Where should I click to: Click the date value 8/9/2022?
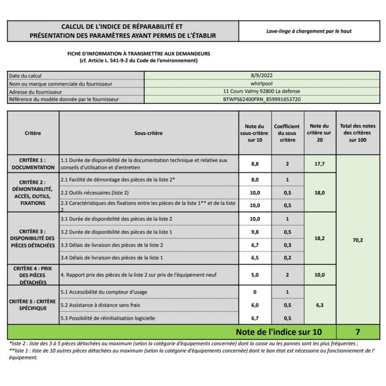click(x=262, y=76)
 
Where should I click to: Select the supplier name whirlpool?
click(x=262, y=84)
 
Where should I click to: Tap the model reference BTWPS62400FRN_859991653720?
click(x=262, y=99)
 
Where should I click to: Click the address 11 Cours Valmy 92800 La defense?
click(x=262, y=91)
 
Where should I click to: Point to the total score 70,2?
click(x=358, y=240)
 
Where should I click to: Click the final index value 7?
click(x=358, y=332)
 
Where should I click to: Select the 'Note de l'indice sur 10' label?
click(x=279, y=332)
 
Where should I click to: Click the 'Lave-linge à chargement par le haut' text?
click(x=309, y=31)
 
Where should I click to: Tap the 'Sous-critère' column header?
click(x=148, y=133)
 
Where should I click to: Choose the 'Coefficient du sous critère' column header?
click(x=287, y=133)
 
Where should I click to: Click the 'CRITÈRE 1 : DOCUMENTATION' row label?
click(x=33, y=164)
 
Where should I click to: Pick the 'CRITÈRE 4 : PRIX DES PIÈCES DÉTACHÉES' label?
click(x=33, y=275)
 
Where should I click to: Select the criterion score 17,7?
click(x=319, y=164)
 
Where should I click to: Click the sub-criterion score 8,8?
click(x=255, y=164)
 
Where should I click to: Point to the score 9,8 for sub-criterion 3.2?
click(x=255, y=232)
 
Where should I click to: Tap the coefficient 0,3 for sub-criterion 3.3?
click(x=287, y=245)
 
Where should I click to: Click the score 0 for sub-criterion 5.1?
click(x=255, y=292)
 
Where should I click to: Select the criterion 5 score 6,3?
click(x=319, y=305)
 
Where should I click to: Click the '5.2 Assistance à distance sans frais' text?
click(x=100, y=305)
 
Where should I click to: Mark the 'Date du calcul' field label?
click(x=25, y=76)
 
